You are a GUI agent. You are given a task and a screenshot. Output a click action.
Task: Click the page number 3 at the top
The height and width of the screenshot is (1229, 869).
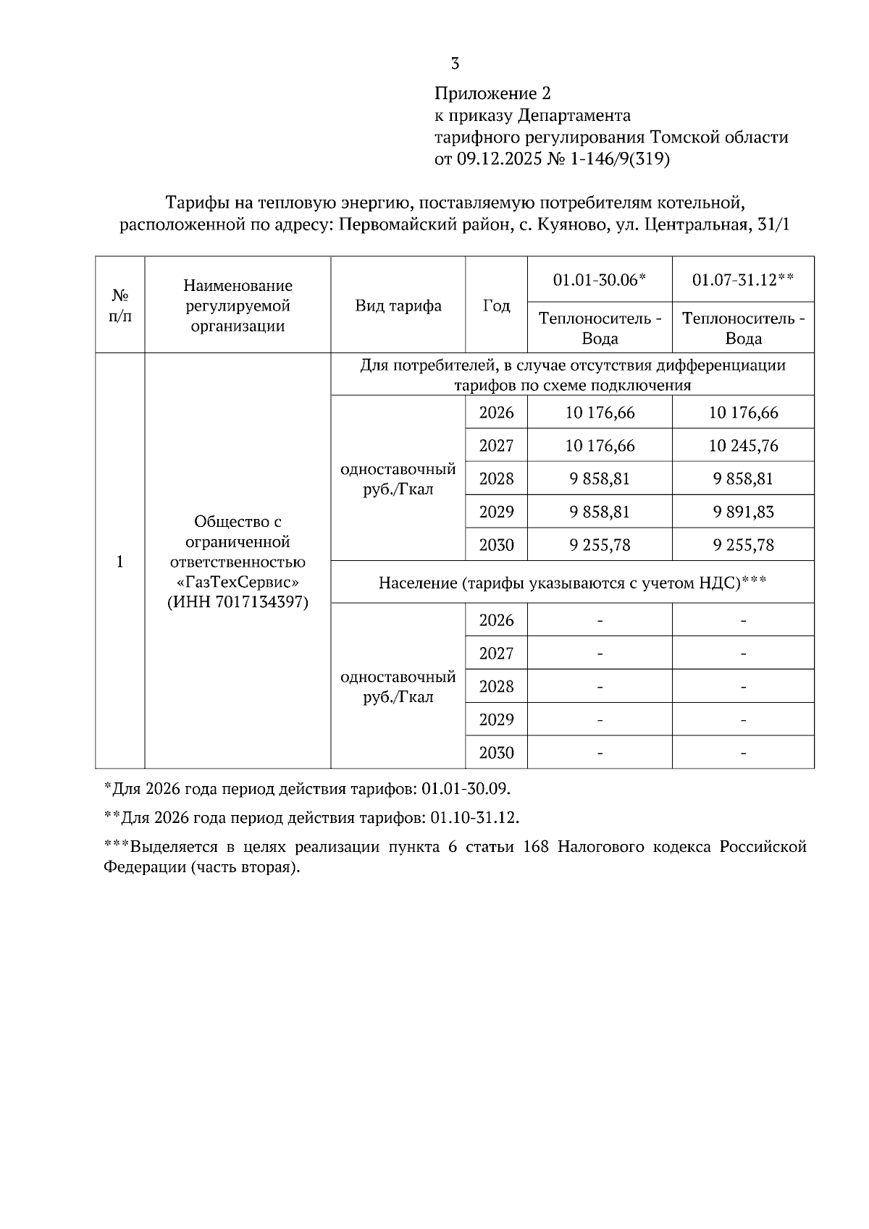click(x=455, y=64)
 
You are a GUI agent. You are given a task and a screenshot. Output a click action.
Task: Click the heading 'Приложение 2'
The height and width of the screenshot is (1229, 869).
click(x=492, y=93)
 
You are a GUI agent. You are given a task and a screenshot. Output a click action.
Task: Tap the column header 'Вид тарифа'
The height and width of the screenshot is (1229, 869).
click(x=398, y=305)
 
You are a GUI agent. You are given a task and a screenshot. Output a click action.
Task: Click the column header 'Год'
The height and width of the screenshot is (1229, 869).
click(x=496, y=305)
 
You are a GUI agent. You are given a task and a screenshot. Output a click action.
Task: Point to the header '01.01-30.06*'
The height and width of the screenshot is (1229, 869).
click(x=599, y=279)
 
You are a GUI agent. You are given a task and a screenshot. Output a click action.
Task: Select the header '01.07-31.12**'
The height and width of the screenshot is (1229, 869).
click(x=743, y=279)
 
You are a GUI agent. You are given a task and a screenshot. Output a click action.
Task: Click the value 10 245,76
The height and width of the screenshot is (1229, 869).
click(x=743, y=446)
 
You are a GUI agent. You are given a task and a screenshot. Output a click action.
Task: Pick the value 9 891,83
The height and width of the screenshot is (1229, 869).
click(x=743, y=512)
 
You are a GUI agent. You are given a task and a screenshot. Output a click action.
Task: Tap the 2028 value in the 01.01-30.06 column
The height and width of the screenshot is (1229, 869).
click(x=600, y=479)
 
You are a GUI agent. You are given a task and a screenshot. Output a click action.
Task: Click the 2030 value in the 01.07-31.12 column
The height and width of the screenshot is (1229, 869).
click(x=743, y=545)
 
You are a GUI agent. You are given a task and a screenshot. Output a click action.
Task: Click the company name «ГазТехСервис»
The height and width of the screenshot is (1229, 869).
click(x=238, y=582)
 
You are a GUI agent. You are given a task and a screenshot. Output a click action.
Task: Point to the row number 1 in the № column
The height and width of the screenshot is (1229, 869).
click(x=120, y=562)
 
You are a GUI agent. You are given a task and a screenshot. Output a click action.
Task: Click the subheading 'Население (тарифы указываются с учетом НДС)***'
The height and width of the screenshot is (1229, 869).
click(x=572, y=583)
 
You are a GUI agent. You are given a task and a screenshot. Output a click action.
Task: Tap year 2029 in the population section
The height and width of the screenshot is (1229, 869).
click(x=496, y=719)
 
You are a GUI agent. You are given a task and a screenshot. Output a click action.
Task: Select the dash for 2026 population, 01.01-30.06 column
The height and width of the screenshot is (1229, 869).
click(x=600, y=621)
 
